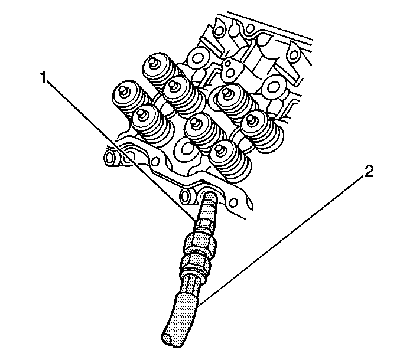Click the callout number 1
(43, 78)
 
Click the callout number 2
(368, 172)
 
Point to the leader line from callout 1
(121, 149)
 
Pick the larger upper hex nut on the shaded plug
(200, 244)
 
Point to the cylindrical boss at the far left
(112, 159)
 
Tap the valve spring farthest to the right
(263, 132)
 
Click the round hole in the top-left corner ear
(219, 31)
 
